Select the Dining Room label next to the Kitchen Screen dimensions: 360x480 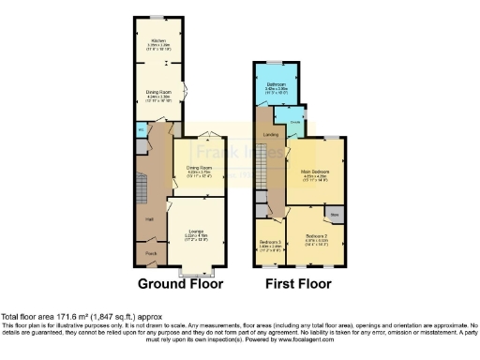pos(157,91)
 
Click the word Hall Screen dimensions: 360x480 pos(148,218)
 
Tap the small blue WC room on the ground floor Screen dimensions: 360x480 pos(141,146)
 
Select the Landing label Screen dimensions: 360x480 pos(271,134)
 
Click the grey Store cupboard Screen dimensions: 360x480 pos(335,213)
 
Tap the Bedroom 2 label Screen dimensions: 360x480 pos(304,236)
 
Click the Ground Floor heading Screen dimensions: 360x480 pos(181,282)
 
